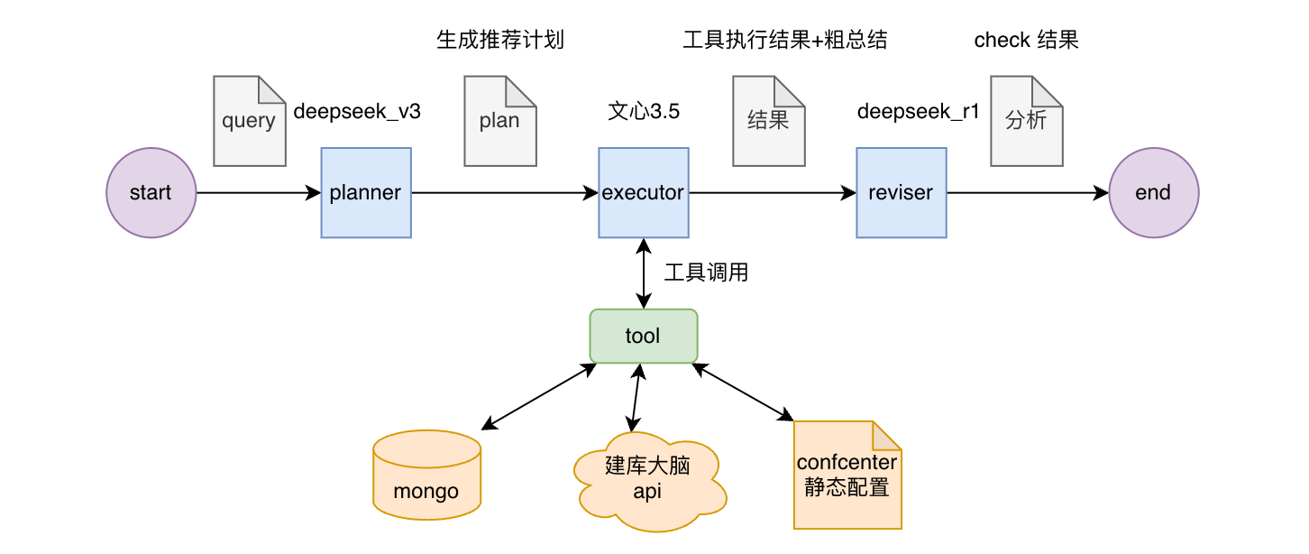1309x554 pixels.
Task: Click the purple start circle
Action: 151,193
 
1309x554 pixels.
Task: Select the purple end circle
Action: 1153,193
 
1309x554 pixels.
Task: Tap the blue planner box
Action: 366,193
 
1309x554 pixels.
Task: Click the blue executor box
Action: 643,193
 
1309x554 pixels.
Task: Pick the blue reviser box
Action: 901,193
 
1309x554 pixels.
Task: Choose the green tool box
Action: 643,337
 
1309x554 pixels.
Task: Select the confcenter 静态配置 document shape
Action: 847,475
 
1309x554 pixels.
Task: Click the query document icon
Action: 249,121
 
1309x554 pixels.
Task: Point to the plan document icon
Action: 499,121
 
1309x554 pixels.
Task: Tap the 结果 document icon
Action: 768,121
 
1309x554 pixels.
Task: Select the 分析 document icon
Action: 1026,121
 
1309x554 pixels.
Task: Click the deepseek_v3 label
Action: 357,112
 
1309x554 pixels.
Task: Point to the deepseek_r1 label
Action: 918,112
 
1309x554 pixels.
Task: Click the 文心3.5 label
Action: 644,112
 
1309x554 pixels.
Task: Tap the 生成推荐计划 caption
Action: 500,40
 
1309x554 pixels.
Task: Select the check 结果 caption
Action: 1026,40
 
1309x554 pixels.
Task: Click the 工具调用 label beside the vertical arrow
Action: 706,272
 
